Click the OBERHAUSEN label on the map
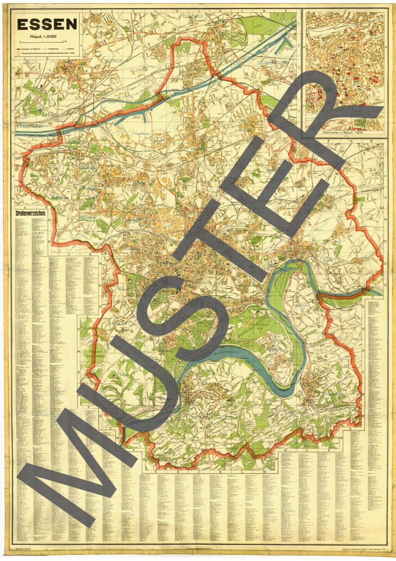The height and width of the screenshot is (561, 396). pyautogui.click(x=31, y=126)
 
